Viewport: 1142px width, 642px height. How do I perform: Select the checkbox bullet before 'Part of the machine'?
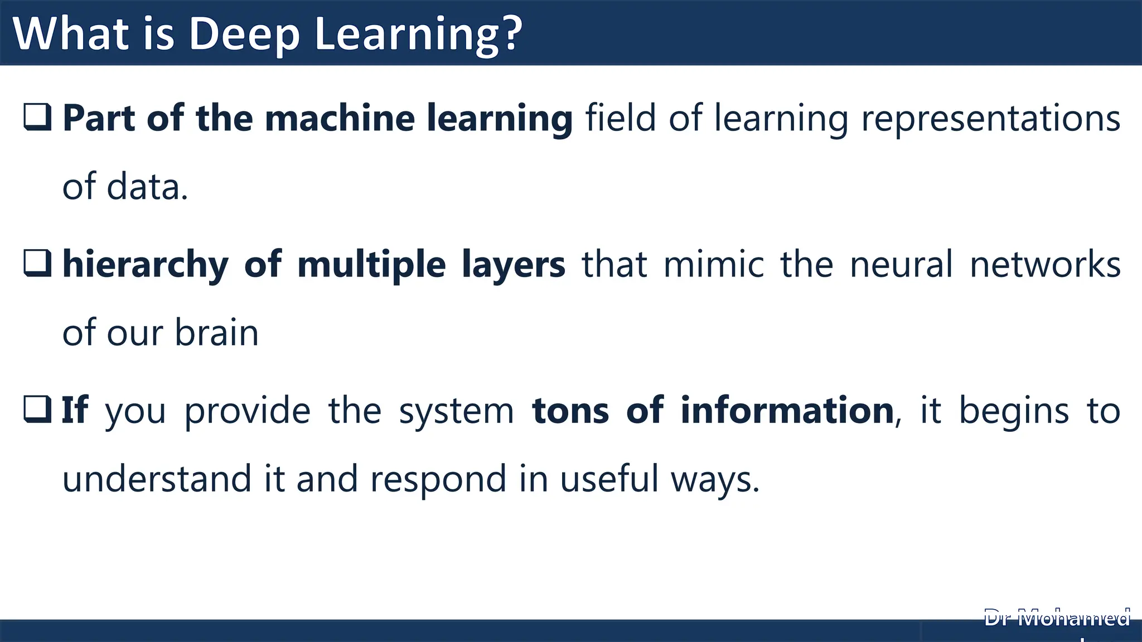click(38, 117)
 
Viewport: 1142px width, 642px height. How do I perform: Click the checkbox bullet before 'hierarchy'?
click(38, 263)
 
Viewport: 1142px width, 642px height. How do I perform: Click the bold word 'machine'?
click(341, 118)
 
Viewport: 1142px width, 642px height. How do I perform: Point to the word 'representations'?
click(990, 119)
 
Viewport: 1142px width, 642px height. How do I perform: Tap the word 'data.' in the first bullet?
click(147, 187)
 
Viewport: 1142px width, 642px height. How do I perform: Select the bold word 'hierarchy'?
click(145, 265)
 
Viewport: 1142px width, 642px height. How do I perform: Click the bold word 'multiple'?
click(371, 265)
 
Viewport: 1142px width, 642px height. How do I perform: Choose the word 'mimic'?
click(714, 264)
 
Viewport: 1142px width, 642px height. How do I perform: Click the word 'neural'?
click(901, 264)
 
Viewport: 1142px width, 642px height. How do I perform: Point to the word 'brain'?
click(216, 333)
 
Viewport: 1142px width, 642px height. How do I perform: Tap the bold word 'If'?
click(74, 410)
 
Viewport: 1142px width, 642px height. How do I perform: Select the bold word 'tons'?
click(570, 411)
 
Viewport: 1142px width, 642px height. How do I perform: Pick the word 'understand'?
click(157, 479)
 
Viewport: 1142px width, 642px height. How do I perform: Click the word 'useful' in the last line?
click(609, 479)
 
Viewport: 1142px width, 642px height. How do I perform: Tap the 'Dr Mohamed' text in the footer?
click(1057, 619)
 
